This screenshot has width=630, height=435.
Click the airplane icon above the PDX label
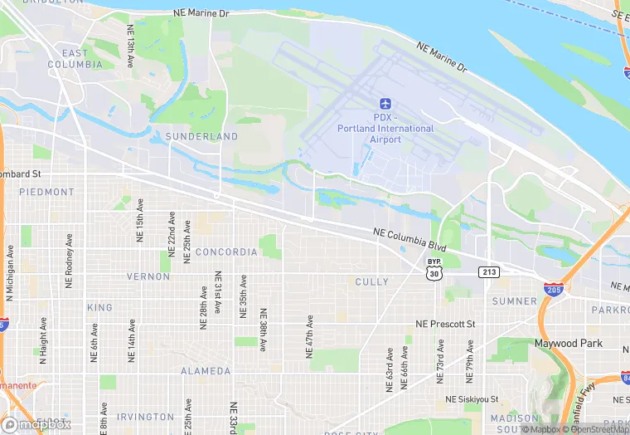(385, 104)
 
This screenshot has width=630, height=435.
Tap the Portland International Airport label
(385, 129)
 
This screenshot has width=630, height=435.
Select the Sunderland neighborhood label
(201, 136)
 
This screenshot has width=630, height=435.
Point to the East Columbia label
(75, 59)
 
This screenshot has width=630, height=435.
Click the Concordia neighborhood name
(226, 252)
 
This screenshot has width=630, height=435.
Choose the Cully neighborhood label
(371, 282)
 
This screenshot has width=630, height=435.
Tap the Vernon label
(148, 276)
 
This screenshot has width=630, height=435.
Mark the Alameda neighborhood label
(206, 371)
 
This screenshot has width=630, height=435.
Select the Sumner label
(515, 301)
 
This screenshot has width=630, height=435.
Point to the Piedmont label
(47, 192)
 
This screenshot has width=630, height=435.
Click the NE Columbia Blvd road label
(410, 240)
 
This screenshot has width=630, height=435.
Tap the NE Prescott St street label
(445, 324)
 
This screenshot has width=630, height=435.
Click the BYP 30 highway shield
(434, 267)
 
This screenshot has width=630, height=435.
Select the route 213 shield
(488, 272)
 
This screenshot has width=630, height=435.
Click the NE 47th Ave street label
(310, 336)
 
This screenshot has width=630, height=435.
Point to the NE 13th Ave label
(130, 46)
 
